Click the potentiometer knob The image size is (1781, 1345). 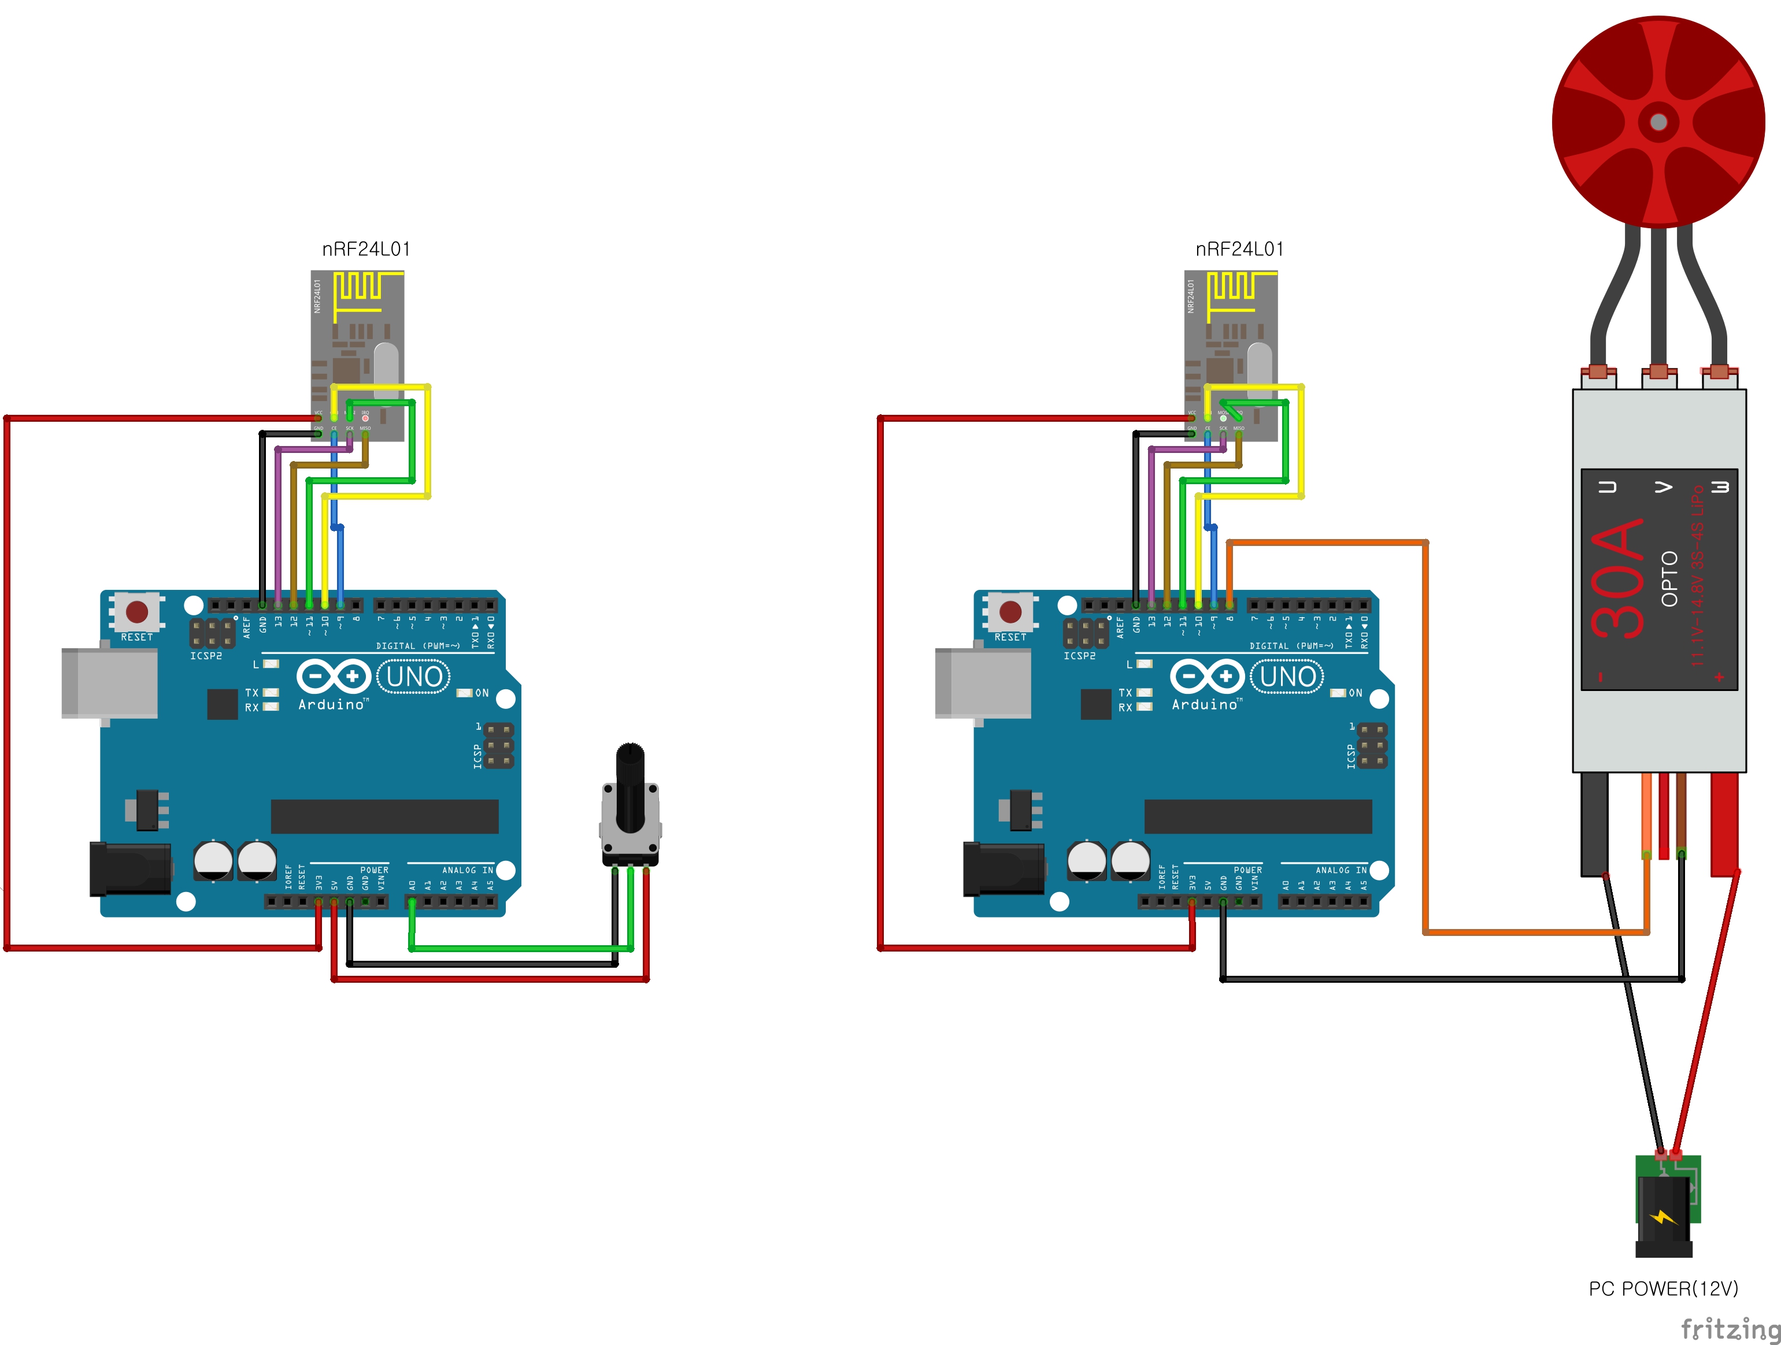(x=630, y=785)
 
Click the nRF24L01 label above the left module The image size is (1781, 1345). (x=366, y=250)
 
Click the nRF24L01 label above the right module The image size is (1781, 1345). (x=1239, y=250)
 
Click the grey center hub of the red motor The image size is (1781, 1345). (x=1658, y=121)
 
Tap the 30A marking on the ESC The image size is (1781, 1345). (x=1617, y=578)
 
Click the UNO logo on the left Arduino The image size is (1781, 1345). (x=414, y=676)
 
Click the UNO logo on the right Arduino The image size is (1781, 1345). (x=1287, y=676)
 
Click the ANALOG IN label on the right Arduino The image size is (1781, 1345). (x=1341, y=870)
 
